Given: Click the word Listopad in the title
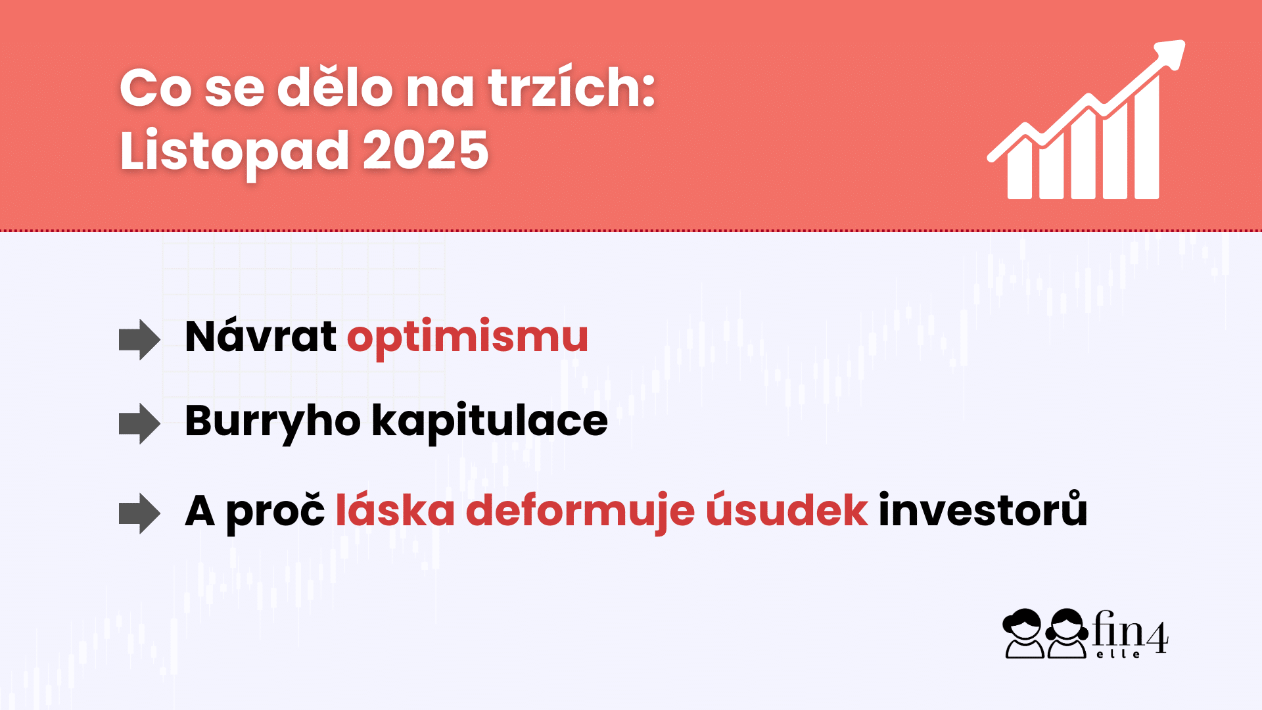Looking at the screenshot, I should click(x=233, y=151).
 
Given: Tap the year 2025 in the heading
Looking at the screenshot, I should click(x=425, y=151).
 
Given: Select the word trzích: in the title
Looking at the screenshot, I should click(x=571, y=88).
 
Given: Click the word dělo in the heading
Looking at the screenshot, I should click(x=335, y=88).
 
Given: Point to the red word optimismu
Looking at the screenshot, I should click(x=467, y=337).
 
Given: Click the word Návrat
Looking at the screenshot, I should click(x=261, y=337).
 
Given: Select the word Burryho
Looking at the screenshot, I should click(x=272, y=421).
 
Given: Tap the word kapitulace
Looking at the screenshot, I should click(x=490, y=421).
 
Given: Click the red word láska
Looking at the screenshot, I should click(x=395, y=511).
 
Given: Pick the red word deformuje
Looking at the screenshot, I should click(x=580, y=511).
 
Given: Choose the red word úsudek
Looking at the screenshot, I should click(x=787, y=511).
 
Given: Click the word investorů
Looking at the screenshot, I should click(x=983, y=511).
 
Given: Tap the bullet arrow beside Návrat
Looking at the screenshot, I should click(x=139, y=340).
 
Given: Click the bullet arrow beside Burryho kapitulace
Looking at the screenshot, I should click(x=139, y=424).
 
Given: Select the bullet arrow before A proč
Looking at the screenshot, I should click(x=139, y=513).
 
